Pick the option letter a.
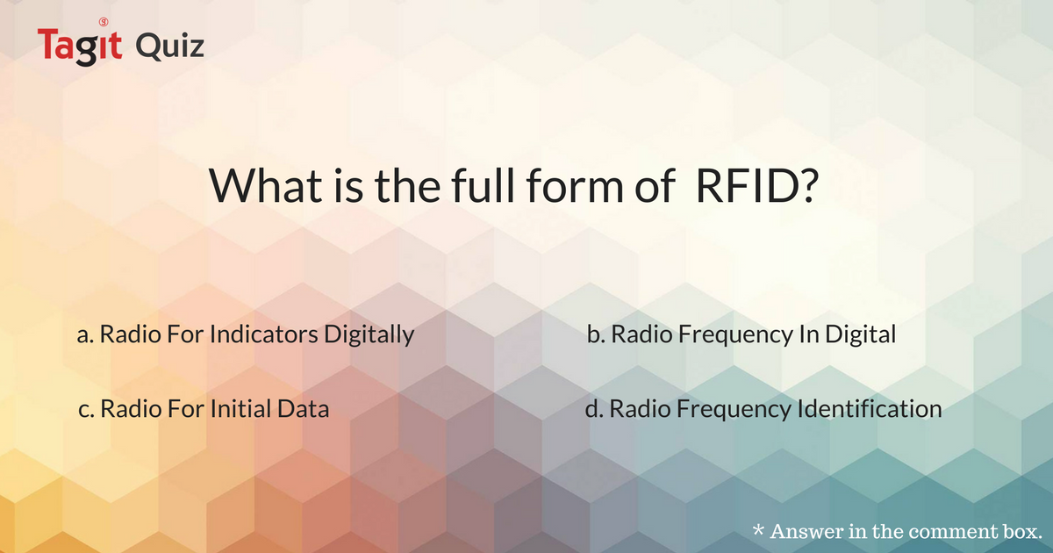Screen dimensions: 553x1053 point(84,335)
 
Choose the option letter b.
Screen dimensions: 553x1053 point(593,335)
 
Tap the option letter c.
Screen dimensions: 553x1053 point(84,409)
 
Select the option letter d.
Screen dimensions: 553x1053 point(593,409)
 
